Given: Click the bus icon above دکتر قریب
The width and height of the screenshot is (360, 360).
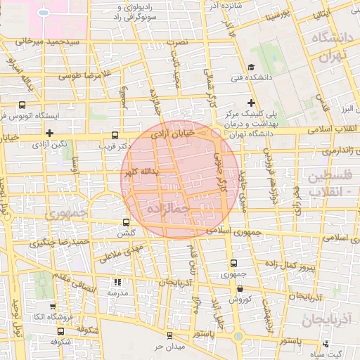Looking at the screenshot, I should click(x=115, y=134).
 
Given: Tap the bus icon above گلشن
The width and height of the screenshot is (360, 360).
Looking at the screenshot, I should click(x=127, y=221).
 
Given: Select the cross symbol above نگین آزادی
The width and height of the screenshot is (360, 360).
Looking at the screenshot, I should click(x=49, y=133).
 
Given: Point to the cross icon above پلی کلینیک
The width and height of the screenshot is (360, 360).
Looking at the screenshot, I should click(x=251, y=103).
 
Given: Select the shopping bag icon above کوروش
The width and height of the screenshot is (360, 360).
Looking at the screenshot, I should click(x=240, y=288).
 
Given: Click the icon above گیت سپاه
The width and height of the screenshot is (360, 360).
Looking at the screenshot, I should click(x=326, y=345).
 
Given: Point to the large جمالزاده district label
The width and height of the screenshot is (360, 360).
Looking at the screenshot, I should click(x=167, y=209).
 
